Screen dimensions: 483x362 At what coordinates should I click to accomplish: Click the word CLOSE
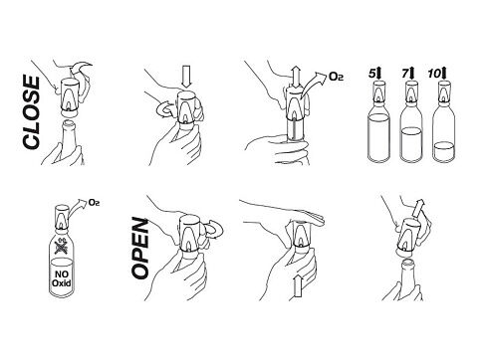coord(31,111)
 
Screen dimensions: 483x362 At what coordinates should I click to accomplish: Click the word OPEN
coord(139,249)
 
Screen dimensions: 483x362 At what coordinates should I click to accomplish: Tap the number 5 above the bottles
coord(372,74)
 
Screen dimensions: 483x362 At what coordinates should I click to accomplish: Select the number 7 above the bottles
coord(405,73)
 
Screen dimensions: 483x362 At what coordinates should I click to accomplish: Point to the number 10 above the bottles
coord(434,74)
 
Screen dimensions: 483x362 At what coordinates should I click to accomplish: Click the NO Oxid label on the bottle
coord(62,278)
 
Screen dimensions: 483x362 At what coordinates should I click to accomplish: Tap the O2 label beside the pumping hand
coord(336,77)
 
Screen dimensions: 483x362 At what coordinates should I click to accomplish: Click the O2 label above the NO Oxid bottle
coord(94,202)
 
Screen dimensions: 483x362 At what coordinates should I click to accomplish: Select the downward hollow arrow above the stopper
coord(187,77)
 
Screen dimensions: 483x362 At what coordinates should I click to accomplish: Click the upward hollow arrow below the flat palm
coord(298,287)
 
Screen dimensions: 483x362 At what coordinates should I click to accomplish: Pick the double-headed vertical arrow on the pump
coord(296,78)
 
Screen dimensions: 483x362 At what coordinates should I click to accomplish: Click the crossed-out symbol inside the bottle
coord(62,247)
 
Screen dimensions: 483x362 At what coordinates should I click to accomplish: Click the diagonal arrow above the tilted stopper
coord(418,208)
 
